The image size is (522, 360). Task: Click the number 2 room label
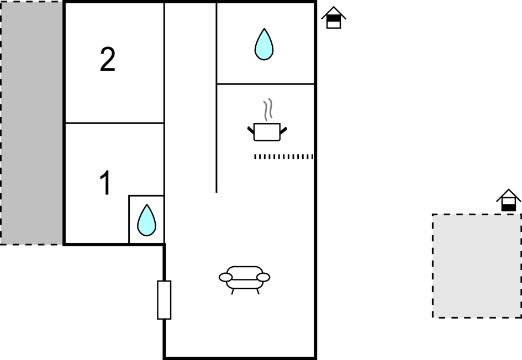[x=108, y=59]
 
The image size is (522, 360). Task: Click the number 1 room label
[x=106, y=183]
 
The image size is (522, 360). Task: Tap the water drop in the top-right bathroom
[x=264, y=44]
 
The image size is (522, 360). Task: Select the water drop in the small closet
[x=146, y=220]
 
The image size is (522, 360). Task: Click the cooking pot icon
[x=267, y=132]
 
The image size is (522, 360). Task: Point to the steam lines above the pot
[x=268, y=109]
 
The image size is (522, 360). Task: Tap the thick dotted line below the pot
[x=283, y=156]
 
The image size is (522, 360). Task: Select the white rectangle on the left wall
[x=164, y=300]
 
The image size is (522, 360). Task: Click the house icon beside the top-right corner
[x=334, y=18]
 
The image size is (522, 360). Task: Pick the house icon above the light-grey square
[x=508, y=200]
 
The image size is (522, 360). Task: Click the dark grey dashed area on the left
[x=31, y=123]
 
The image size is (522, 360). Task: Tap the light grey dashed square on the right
[x=477, y=266]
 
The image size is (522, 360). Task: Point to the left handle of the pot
[x=251, y=130]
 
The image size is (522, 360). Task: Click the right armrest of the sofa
[x=263, y=277]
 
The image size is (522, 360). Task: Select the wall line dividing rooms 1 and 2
[x=114, y=123]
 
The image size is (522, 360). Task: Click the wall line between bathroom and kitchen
[x=266, y=84]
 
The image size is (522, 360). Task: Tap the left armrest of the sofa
[x=225, y=277]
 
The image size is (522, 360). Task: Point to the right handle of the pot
[x=283, y=131]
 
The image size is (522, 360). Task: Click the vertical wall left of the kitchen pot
[x=217, y=98]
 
